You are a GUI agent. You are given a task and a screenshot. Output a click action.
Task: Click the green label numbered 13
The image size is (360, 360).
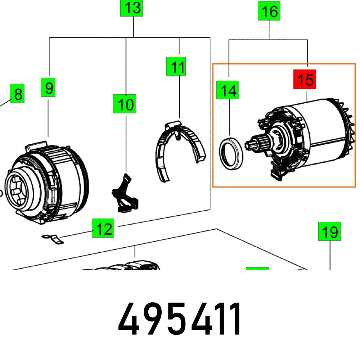point(131,8)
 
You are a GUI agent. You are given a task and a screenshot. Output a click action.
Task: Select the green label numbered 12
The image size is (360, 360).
point(103,228)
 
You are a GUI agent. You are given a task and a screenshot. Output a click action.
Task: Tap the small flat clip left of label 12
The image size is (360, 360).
point(53,239)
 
